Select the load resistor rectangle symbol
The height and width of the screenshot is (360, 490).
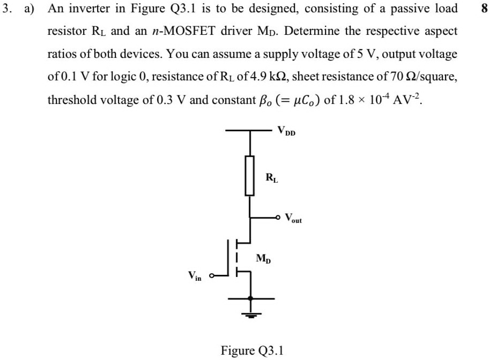pos(249,175)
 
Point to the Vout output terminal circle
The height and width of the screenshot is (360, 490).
pos(277,217)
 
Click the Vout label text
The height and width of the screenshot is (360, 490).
pos(293,218)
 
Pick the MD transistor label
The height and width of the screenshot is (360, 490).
pos(263,259)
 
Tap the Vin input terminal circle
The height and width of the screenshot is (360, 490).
pos(212,276)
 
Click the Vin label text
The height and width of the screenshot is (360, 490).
pos(195,276)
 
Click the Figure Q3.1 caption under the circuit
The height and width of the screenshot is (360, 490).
pos(252,350)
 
